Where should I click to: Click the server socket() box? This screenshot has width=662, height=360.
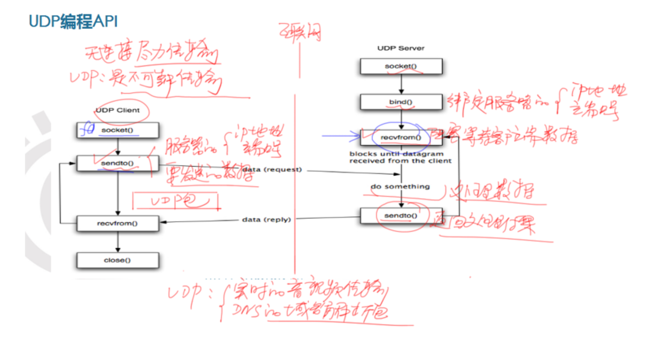coord(401,66)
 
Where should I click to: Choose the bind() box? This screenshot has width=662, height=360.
coord(401,102)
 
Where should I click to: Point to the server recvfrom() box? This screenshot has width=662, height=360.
coord(401,137)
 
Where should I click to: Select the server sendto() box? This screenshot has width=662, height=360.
coord(401,215)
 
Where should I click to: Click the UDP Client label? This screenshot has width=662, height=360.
coord(117,111)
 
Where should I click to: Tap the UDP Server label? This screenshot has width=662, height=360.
coord(401,48)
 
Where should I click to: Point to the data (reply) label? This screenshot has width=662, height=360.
coord(266,219)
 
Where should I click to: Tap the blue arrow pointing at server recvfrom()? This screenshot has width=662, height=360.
coord(341,137)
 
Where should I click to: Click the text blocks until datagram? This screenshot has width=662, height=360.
coord(397,154)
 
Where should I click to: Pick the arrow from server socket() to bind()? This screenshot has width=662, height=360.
coord(401,84)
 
